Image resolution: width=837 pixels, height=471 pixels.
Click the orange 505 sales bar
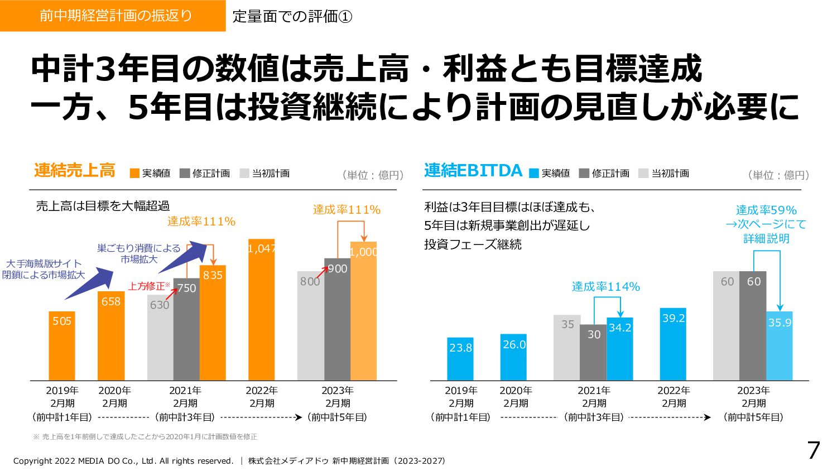click(62, 346)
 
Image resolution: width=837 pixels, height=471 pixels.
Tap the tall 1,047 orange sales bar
click(261, 310)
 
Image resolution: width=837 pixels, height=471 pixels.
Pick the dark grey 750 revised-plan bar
click(186, 329)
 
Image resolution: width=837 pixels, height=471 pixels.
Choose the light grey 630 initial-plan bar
click(160, 338)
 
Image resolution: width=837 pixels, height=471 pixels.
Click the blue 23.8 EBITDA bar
click(460, 359)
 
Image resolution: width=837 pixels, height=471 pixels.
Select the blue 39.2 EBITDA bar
click(673, 344)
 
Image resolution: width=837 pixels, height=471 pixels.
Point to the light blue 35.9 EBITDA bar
click(780, 346)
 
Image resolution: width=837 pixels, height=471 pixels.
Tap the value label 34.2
click(620, 328)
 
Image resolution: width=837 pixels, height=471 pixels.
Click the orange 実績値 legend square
click(134, 174)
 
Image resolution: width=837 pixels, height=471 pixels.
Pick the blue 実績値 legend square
click(534, 174)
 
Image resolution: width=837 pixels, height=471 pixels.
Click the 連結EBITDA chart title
click(473, 171)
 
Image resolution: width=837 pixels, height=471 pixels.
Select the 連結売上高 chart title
click(74, 171)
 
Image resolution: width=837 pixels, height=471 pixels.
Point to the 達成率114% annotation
click(606, 287)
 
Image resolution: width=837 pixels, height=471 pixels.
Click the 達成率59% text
click(766, 210)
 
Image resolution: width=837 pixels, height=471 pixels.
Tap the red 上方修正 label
click(147, 286)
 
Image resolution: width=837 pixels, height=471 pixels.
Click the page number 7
click(814, 450)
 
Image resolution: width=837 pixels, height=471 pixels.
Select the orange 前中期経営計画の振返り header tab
click(113, 16)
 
